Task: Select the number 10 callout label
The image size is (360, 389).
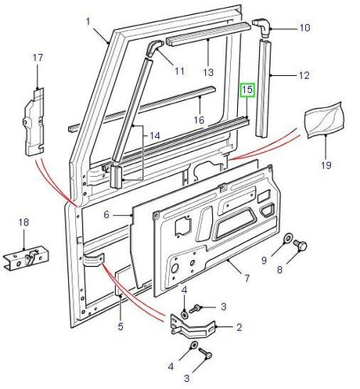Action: [304, 28]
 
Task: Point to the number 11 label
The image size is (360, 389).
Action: [179, 72]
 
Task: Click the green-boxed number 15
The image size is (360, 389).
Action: [247, 91]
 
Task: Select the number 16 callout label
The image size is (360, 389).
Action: [200, 120]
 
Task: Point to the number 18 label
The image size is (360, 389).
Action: [23, 222]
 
